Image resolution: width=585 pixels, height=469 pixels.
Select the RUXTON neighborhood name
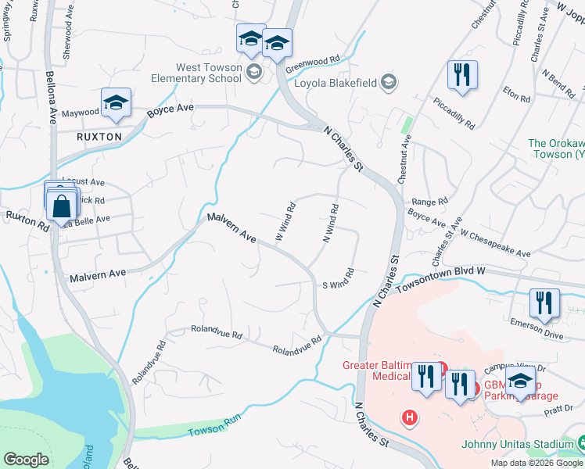pos(99,136)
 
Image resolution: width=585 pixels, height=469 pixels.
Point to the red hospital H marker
pos(408,417)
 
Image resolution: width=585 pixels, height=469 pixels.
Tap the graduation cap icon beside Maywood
pos(115,103)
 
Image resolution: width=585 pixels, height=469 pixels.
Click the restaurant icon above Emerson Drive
pos(544,303)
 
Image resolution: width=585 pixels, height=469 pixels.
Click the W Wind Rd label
pos(285,221)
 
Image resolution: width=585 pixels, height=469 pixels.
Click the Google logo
pos(26,459)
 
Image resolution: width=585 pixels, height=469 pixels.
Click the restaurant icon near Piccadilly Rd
pos(461,75)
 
